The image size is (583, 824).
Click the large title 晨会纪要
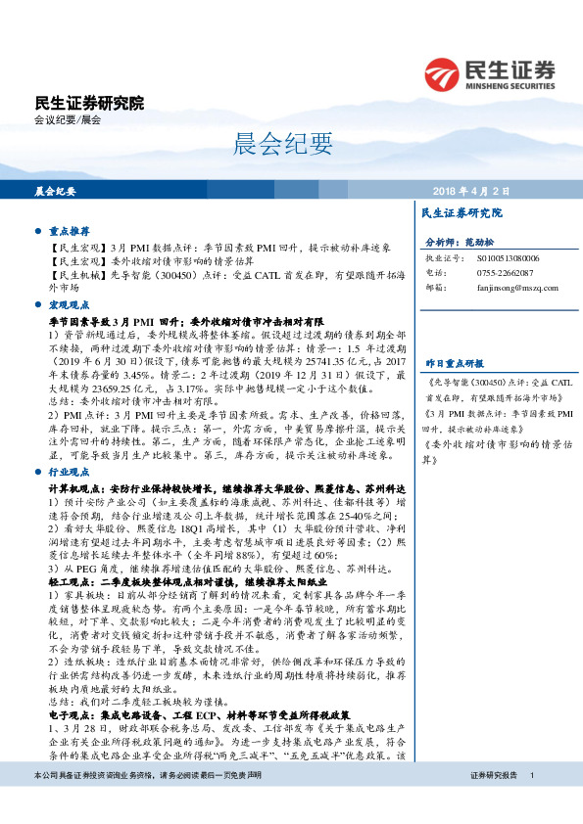[269, 146]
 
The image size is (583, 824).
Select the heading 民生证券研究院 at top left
[89, 103]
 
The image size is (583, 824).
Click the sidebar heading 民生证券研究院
[461, 212]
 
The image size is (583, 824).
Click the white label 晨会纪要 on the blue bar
[55, 192]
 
